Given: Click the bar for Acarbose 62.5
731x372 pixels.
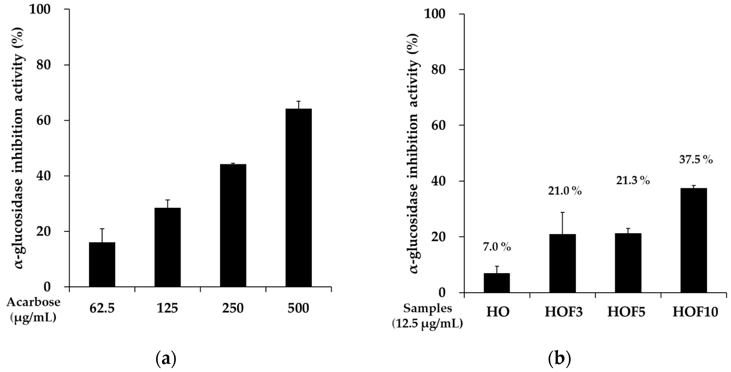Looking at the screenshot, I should pyautogui.click(x=102, y=264).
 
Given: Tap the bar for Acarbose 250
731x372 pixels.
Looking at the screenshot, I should pyautogui.click(x=233, y=225).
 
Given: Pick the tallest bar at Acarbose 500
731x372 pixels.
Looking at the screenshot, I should pyautogui.click(x=299, y=197).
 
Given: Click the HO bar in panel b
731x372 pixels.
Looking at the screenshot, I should pyautogui.click(x=497, y=283).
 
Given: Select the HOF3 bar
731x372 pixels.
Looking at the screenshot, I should pyautogui.click(x=562, y=263).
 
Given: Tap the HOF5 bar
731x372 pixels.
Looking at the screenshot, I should pyautogui.click(x=628, y=263).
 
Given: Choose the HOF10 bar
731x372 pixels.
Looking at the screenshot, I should pyautogui.click(x=694, y=240).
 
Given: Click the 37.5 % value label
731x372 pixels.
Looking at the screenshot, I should pyautogui.click(x=696, y=160).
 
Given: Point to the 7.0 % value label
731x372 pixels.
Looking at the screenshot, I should pyautogui.click(x=497, y=247).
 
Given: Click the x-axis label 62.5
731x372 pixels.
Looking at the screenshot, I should pyautogui.click(x=102, y=309).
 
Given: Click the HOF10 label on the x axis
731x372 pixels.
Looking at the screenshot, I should pyautogui.click(x=695, y=312).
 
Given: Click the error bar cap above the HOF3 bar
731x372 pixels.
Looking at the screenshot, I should pyautogui.click(x=562, y=212).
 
